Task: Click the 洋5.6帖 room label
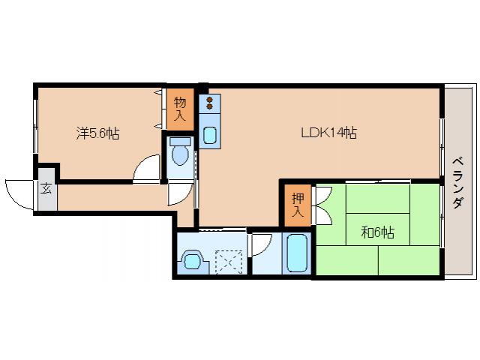pos(97,133)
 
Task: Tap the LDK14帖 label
pos(329,133)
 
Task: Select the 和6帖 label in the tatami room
pos(377,232)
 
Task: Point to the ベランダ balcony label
pos(458,183)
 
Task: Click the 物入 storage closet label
pos(180,109)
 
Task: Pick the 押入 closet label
pos(298,205)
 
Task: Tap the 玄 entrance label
pos(46,188)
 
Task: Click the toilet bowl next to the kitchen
pos(180,155)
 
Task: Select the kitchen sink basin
pos(210,135)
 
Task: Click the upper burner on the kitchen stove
pos(210,100)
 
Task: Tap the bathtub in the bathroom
pos(297,253)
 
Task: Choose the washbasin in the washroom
pos(191,261)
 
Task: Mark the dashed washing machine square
pos(229,262)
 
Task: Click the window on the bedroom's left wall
pos(35,126)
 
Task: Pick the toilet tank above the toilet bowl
pos(180,141)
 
